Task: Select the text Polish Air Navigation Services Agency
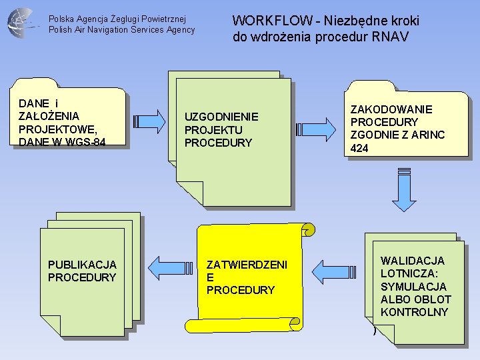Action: [x=122, y=30]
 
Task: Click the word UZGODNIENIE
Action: [x=221, y=117]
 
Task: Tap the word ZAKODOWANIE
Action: [x=391, y=109]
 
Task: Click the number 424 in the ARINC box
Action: [x=359, y=149]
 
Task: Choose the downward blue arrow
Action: [x=404, y=189]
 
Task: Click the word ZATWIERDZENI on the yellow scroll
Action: [x=247, y=265]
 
